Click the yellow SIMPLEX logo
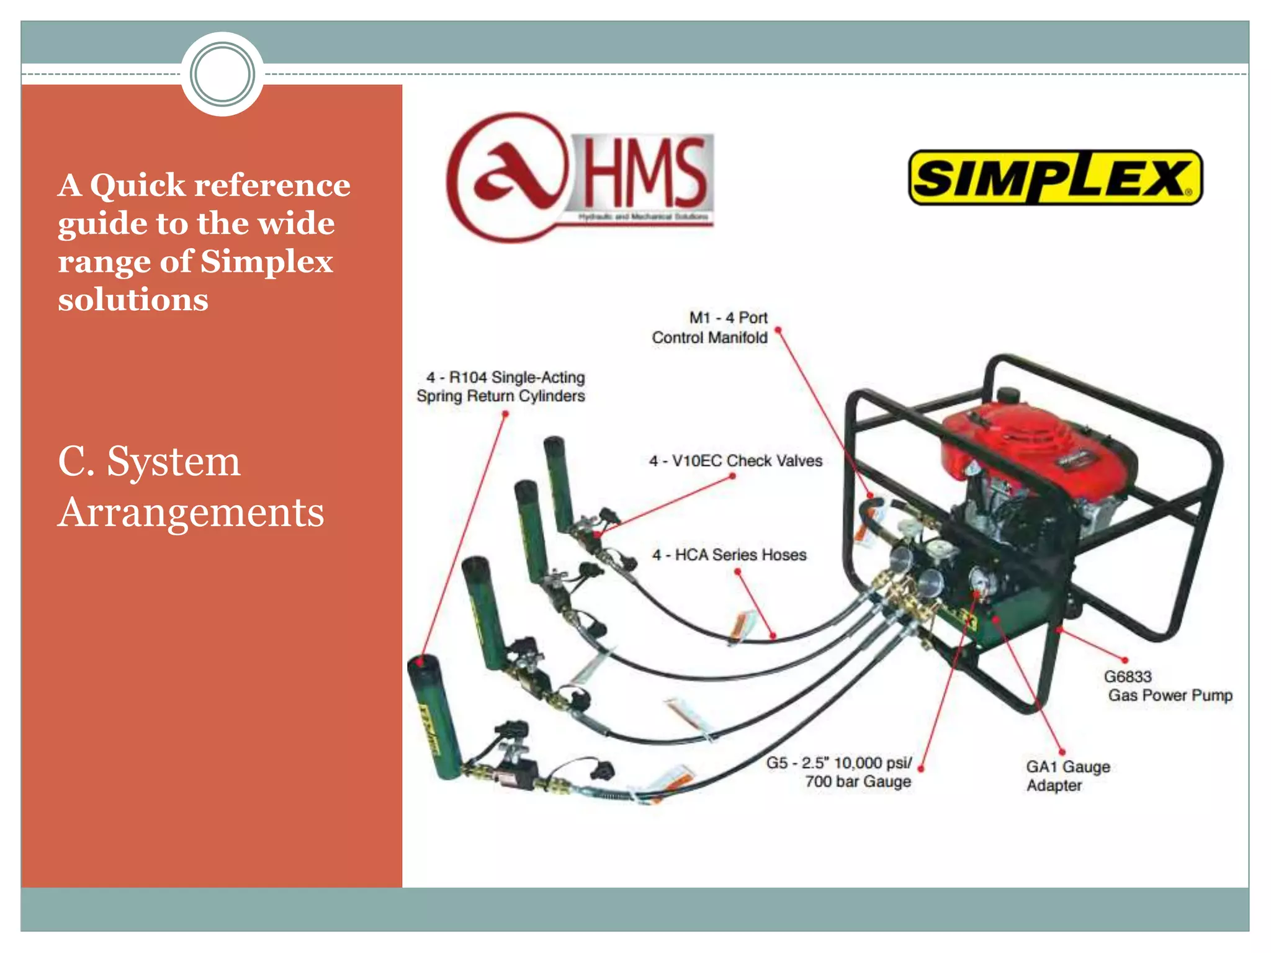(x=1055, y=178)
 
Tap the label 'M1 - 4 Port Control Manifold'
(x=710, y=328)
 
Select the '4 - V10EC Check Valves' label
(x=735, y=461)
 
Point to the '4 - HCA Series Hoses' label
(x=729, y=555)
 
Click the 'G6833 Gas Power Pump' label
(x=1167, y=686)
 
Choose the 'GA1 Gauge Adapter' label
(x=1067, y=776)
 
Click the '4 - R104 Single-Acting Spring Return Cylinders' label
(x=501, y=387)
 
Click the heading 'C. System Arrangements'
(x=191, y=486)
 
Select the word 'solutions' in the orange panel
(x=133, y=300)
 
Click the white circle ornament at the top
(x=222, y=74)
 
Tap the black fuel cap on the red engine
(x=1008, y=395)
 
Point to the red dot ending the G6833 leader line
(x=1125, y=660)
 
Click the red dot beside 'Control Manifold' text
(x=778, y=330)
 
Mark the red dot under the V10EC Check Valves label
(x=732, y=476)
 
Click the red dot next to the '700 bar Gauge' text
(x=920, y=769)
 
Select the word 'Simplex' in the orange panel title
(x=267, y=262)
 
